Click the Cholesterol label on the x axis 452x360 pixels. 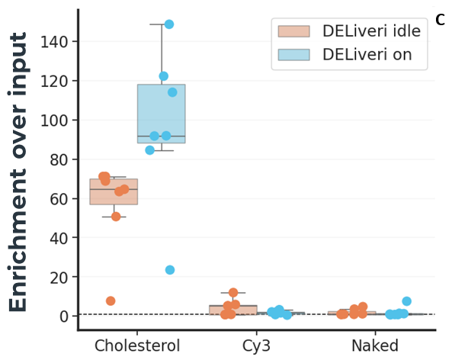tap(137, 346)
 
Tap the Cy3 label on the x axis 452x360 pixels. tap(257, 346)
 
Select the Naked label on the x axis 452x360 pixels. tap(374, 346)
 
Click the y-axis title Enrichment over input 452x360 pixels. tap(21, 172)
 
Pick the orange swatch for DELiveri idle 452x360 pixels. tap(293, 31)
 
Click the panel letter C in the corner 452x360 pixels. tap(440, 20)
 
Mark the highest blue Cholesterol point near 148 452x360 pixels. tap(169, 24)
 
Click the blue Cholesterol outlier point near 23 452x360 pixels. tap(170, 270)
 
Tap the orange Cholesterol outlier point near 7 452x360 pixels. tap(111, 301)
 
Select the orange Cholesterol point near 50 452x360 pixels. tap(116, 217)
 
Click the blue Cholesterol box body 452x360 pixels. tap(161, 107)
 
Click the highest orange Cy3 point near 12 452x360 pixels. tap(233, 293)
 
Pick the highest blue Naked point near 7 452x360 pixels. tap(406, 301)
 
